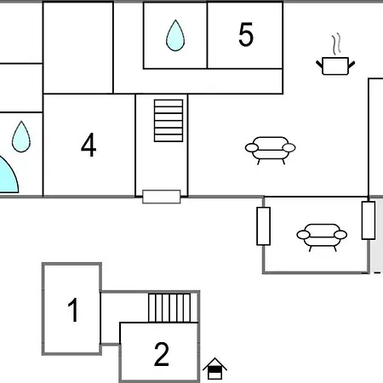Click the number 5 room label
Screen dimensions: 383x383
tap(246, 34)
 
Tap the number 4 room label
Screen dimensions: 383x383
tap(89, 145)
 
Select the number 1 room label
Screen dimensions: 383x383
tap(73, 310)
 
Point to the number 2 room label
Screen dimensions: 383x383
tap(162, 354)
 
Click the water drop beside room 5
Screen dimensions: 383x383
tap(175, 36)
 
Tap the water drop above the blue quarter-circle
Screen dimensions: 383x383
tap(21, 137)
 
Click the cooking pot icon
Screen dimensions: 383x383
tap(335, 66)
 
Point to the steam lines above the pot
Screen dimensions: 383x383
tap(336, 44)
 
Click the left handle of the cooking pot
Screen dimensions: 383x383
tap(319, 65)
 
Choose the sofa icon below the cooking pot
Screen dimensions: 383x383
tap(271, 151)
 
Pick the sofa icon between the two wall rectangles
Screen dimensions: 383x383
tap(322, 237)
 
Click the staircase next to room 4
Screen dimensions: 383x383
tap(169, 121)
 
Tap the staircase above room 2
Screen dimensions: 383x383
tap(169, 308)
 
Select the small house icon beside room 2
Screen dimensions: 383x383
tap(214, 369)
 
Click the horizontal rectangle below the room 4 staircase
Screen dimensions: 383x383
tap(162, 197)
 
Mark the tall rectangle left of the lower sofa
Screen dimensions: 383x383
tap(263, 226)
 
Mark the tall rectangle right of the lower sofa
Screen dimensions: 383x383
tap(369, 220)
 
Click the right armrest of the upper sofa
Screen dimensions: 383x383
tap(289, 148)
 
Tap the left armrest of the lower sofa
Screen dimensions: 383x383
tap(303, 235)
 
